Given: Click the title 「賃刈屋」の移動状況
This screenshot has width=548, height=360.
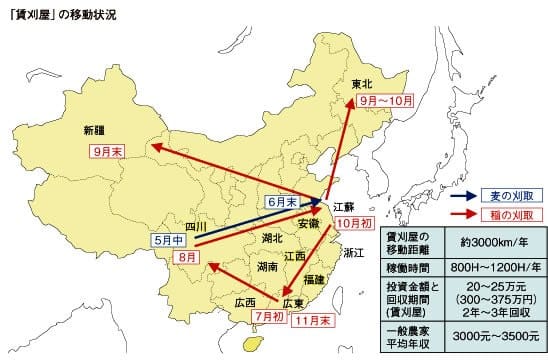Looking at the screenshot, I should pyautogui.click(x=69, y=14).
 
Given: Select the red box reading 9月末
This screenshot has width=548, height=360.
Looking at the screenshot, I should pyautogui.click(x=101, y=151).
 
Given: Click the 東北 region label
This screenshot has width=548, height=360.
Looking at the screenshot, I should pyautogui.click(x=362, y=84).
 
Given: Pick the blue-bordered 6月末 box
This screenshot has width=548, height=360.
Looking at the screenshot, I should pyautogui.click(x=284, y=201).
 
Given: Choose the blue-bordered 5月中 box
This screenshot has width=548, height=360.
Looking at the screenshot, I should pyautogui.click(x=170, y=240).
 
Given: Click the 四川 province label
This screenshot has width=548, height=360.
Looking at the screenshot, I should pyautogui.click(x=196, y=227).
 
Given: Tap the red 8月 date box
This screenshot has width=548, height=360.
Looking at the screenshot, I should pyautogui.click(x=186, y=257).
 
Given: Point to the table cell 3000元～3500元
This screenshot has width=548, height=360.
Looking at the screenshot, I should pyautogui.click(x=488, y=336).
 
